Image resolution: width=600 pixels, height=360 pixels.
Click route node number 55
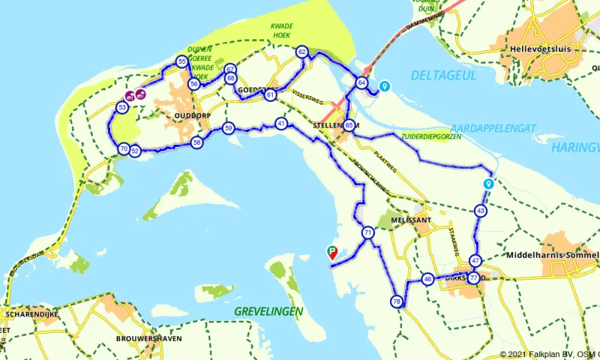181,61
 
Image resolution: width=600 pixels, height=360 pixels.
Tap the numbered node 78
397,301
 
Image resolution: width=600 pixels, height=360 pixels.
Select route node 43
481,211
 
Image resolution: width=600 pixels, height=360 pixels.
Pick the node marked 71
367,233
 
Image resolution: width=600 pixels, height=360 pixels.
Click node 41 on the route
281,124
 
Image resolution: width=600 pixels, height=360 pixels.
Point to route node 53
121,108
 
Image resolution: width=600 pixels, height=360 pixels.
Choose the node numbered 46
427,279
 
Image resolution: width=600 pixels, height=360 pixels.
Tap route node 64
362,83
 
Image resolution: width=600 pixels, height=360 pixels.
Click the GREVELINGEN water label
268,310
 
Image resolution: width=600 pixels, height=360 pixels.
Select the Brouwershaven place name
150,338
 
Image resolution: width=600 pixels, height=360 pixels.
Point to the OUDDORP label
173,117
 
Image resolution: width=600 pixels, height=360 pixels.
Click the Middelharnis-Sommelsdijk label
553,255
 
